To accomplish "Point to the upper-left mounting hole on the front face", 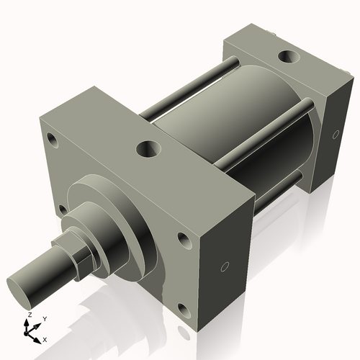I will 53,138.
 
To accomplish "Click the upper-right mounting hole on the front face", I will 186,241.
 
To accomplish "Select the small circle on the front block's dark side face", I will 224,268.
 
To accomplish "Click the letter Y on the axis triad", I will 44,318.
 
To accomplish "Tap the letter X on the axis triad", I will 45,338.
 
